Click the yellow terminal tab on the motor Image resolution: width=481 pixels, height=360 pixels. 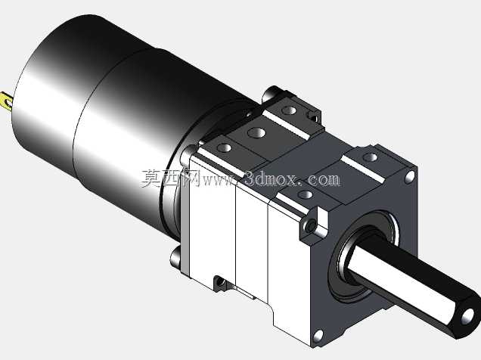click(7, 101)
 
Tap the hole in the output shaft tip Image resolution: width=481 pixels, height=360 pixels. click(467, 316)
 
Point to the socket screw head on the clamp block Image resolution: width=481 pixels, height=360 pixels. click(310, 226)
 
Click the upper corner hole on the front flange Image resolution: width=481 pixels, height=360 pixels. click(409, 177)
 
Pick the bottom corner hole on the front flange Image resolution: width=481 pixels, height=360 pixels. click(319, 336)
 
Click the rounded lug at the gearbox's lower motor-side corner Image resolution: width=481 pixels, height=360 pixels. click(176, 258)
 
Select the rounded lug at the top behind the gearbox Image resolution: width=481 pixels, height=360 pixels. click(271, 93)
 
